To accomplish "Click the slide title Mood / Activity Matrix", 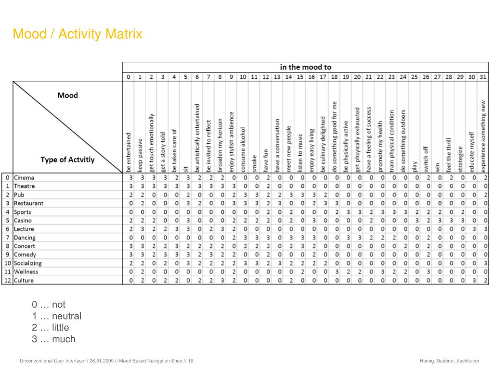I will coord(78,35).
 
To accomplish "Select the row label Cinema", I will coord(24,178).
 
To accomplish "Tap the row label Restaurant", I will coord(28,203).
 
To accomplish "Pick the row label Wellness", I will coord(26,271).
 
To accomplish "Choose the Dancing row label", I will coord(25,237).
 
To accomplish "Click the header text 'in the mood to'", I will coord(306,67).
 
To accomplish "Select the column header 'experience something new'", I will coord(483,136).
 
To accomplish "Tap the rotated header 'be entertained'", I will coord(129,152).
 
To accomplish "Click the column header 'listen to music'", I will coord(300,153).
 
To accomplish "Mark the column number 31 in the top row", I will coord(483,77).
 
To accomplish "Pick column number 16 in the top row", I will coord(311,77).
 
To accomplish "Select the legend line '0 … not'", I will coord(49,305).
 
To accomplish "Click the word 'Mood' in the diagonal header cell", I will coord(67,95).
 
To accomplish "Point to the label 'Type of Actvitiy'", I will coord(67,160).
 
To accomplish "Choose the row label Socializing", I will coord(28,263).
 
